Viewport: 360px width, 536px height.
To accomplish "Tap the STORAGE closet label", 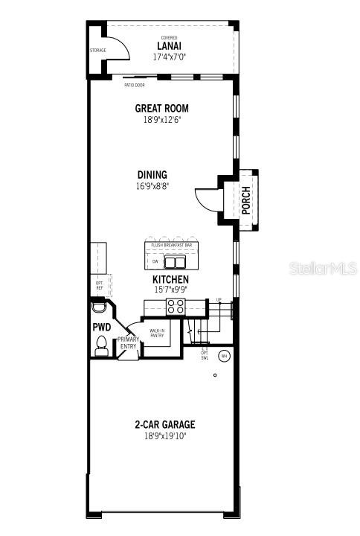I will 98,51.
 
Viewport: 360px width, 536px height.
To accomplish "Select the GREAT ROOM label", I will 161,108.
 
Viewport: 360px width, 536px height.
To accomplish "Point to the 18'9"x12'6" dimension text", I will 161,119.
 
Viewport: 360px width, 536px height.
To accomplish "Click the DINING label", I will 152,175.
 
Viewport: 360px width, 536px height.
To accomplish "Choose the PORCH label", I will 246,200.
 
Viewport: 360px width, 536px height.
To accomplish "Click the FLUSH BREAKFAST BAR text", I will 172,245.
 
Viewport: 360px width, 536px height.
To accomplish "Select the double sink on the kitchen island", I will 175,262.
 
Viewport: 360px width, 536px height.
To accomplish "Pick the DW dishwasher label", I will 155,262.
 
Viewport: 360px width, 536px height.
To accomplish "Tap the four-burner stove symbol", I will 176,305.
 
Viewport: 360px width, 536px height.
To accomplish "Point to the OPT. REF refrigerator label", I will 99,285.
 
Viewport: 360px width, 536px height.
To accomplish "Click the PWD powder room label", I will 101,327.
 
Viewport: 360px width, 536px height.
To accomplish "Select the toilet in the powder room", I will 102,345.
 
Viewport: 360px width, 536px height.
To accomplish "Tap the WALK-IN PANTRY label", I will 157,333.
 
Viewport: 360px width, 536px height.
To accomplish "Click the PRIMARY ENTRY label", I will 129,343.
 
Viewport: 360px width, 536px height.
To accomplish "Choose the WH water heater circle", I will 222,357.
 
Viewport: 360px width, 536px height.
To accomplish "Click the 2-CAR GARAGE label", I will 164,424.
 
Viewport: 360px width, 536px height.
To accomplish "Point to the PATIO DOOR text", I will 135,85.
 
